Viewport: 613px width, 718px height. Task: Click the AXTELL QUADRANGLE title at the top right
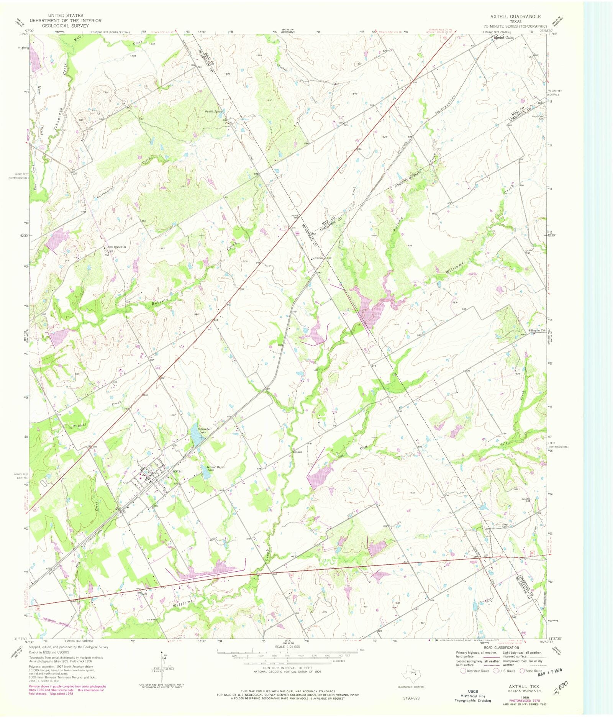pos(515,16)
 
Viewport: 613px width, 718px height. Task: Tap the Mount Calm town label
pos(503,38)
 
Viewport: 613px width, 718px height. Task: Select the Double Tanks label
pos(213,111)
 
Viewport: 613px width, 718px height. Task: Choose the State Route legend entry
pos(531,671)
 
